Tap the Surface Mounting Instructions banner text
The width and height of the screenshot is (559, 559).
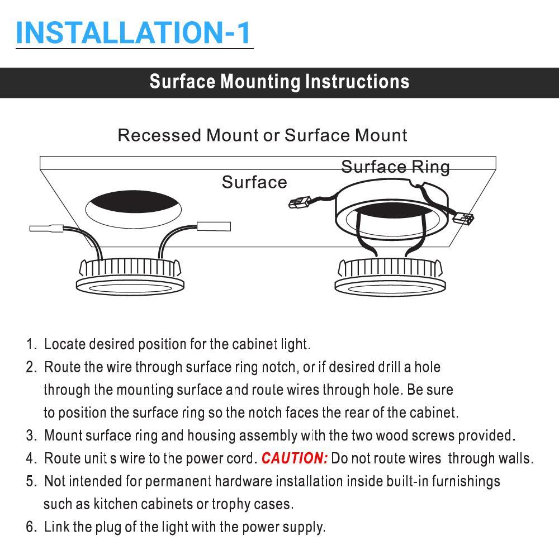point(279,82)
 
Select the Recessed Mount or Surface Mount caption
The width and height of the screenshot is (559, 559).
point(262,135)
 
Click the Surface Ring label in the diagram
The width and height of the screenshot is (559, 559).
point(395,167)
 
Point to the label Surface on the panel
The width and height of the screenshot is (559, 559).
point(254,182)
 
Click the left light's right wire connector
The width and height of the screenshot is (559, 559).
point(214,226)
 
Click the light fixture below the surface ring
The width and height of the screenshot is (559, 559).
point(391,277)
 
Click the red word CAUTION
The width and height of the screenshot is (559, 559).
point(295,458)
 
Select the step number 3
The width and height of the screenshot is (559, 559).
point(31,435)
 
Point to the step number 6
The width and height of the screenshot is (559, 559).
point(31,527)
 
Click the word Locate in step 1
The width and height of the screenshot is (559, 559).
point(65,344)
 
